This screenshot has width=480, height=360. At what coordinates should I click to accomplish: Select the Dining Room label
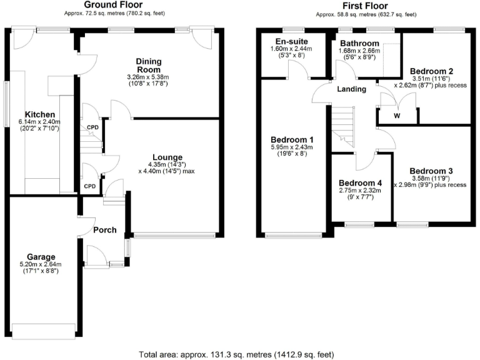click(x=149, y=65)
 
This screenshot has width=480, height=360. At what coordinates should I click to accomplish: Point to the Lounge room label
click(x=166, y=157)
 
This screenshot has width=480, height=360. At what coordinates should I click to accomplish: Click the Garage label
click(x=41, y=256)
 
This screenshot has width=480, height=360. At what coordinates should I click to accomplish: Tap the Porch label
click(x=104, y=229)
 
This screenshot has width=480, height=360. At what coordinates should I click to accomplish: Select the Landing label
click(x=351, y=89)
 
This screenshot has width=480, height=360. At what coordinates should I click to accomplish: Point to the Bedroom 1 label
click(x=292, y=139)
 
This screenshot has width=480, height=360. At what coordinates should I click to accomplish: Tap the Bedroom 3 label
click(x=432, y=170)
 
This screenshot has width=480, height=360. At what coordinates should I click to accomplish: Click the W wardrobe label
click(x=397, y=116)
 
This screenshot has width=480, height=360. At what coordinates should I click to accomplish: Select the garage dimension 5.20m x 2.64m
click(x=41, y=264)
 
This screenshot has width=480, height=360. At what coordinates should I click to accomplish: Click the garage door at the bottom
click(x=41, y=327)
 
